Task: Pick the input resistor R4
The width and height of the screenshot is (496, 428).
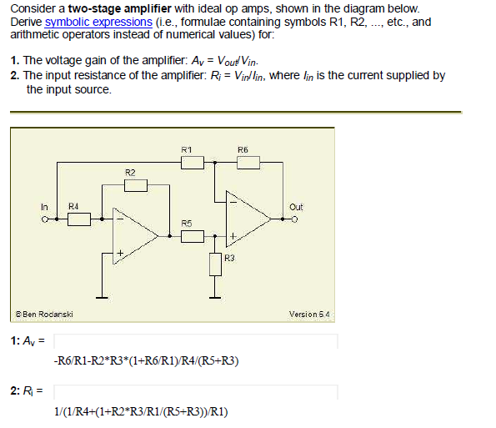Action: (78, 219)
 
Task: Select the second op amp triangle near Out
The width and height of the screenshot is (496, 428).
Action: (247, 219)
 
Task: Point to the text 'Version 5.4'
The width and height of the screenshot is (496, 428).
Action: (309, 315)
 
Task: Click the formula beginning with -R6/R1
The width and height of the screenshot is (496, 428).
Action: (146, 361)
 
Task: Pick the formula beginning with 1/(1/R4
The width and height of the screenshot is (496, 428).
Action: (141, 411)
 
